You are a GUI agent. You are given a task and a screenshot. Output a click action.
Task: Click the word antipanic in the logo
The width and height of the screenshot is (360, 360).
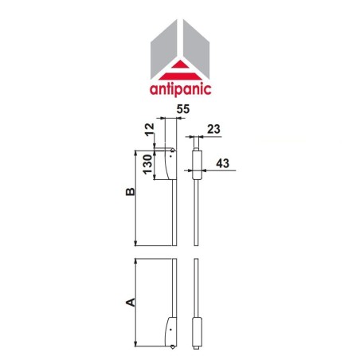[180, 88]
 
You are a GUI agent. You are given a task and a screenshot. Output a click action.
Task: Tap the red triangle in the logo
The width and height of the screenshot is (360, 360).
[180, 68]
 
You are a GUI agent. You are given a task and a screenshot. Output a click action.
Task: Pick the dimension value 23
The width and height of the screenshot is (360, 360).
[213, 128]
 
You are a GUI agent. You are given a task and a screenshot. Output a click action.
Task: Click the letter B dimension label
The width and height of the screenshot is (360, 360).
[130, 193]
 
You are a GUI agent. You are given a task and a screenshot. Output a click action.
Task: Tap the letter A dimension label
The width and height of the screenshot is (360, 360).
[130, 302]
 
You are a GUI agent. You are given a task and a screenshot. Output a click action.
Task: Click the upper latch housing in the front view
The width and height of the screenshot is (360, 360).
[169, 165]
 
